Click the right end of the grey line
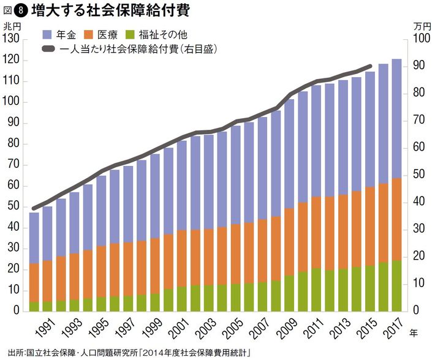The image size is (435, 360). (369, 66)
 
